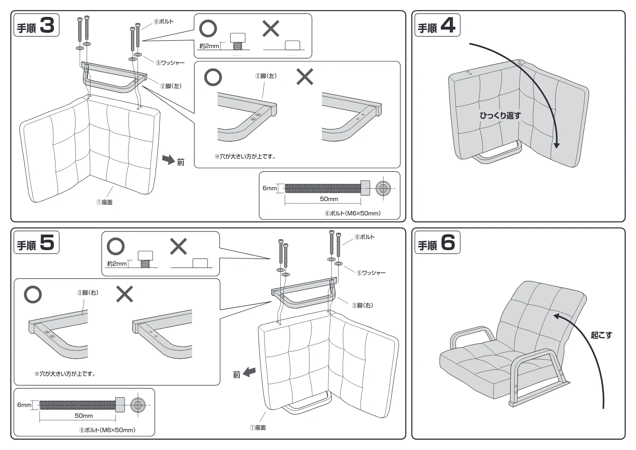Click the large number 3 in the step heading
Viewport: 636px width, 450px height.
point(47,25)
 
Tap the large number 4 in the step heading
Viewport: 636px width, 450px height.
point(448,25)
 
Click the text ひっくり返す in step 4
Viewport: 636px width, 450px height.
point(500,115)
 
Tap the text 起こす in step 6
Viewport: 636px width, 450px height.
point(601,335)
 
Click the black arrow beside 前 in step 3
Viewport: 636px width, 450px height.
point(169,160)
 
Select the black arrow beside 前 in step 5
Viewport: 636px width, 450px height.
point(249,372)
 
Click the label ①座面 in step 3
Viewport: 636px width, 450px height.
point(104,202)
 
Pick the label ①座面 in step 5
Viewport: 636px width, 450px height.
point(258,428)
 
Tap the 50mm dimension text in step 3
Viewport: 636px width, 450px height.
point(329,199)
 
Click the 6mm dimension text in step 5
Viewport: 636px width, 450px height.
point(24,405)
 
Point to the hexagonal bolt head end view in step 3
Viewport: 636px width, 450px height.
point(383,188)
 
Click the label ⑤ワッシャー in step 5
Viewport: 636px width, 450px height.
point(371,273)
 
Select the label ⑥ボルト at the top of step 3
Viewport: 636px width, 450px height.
point(163,22)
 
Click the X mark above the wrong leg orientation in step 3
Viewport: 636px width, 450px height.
point(305,77)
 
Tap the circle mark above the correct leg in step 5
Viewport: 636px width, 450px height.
point(33,294)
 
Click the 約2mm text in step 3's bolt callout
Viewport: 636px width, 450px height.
point(209,46)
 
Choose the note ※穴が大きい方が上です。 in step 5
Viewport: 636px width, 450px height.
point(65,374)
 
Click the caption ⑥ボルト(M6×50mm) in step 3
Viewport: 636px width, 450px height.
point(352,213)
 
